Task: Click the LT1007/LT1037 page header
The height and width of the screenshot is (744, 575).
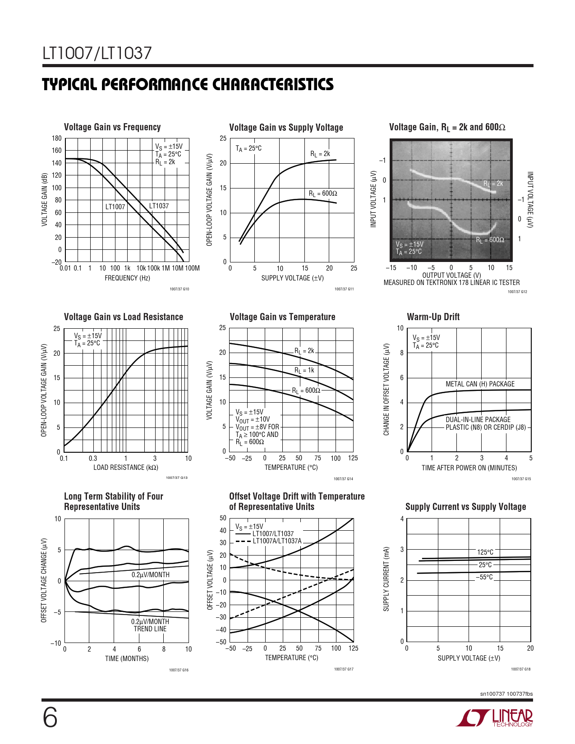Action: point(97,54)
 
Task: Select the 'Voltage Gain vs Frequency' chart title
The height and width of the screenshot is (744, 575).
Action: point(112,127)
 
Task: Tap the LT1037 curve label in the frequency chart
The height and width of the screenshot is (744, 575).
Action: point(159,206)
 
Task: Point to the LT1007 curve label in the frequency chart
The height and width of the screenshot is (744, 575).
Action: point(115,207)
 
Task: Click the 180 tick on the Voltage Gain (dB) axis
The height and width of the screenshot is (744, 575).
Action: point(56,138)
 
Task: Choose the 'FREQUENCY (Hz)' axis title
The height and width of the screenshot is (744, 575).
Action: point(127,278)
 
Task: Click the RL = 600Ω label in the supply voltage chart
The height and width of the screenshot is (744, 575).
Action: point(323,193)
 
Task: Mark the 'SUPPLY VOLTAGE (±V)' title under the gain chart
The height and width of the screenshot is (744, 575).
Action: point(292,278)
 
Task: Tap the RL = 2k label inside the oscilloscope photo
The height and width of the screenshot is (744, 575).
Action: point(493,184)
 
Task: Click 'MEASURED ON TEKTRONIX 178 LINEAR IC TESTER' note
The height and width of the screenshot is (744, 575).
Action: point(451,283)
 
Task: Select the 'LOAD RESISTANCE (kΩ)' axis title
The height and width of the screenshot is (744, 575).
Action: point(126,468)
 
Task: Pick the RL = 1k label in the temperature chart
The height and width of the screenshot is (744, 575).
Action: point(304,370)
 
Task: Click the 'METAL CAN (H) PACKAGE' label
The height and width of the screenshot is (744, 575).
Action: point(480,384)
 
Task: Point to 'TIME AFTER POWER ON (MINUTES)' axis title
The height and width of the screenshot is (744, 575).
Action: point(469,468)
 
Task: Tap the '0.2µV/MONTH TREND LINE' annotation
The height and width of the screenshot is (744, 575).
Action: point(150,625)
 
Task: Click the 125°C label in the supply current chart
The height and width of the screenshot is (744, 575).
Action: point(485,552)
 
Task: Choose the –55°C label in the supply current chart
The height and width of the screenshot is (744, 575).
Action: point(484,577)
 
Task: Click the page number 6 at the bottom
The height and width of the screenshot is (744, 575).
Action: point(50,718)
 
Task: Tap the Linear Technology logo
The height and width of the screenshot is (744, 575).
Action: point(494,718)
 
